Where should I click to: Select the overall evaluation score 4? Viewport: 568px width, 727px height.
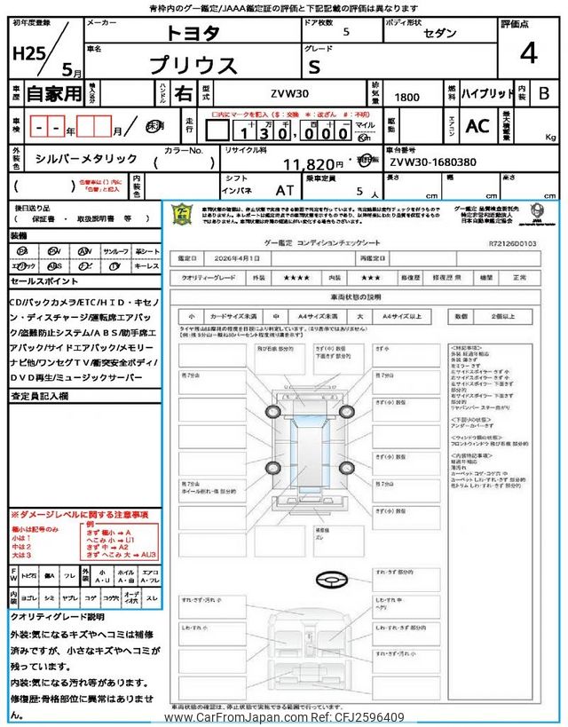[529, 54]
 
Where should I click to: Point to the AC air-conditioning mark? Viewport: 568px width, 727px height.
[477, 126]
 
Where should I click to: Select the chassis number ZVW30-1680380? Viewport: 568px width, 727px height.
[432, 163]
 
